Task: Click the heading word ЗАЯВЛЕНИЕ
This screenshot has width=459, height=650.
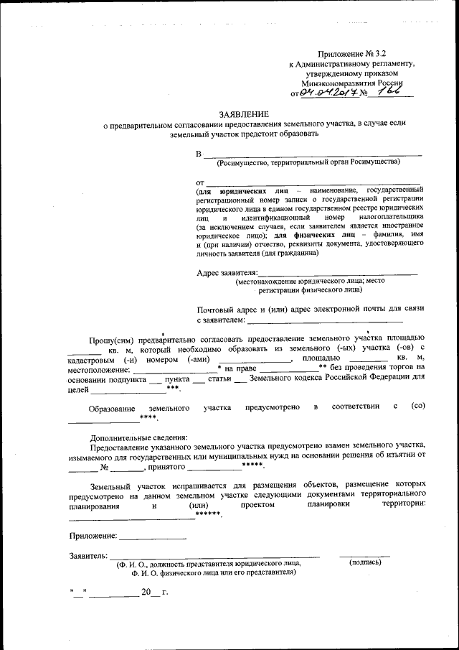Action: point(244,114)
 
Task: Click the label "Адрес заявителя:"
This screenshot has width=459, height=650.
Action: point(227,273)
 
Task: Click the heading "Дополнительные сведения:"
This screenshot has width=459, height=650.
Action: point(138,437)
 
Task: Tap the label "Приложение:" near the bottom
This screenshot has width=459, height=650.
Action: point(93,536)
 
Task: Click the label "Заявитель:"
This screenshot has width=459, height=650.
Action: point(88,556)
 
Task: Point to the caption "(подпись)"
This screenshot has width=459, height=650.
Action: point(364,563)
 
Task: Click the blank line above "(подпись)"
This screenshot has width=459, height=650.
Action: point(364,554)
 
